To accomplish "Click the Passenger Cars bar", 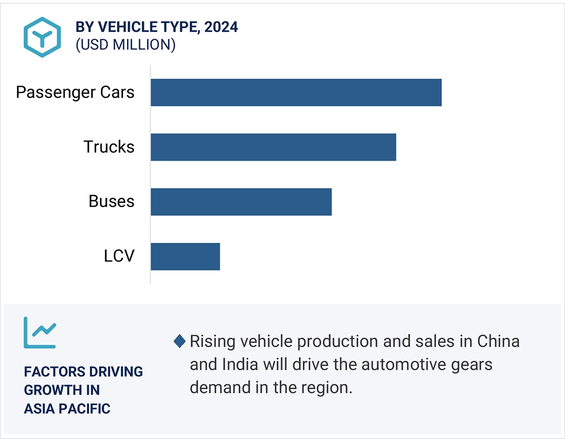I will [296, 92].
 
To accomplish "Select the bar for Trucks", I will [273, 147].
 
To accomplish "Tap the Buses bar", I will [241, 201].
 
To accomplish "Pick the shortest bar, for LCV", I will [185, 256].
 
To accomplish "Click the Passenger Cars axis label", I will [75, 92].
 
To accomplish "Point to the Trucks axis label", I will [109, 147].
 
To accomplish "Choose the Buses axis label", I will [111, 201].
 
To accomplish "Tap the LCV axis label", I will [119, 256].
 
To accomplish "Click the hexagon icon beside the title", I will [42, 37].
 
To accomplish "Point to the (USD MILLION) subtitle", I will [125, 44].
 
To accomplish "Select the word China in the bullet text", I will [498, 341].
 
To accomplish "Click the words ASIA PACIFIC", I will [67, 409].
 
